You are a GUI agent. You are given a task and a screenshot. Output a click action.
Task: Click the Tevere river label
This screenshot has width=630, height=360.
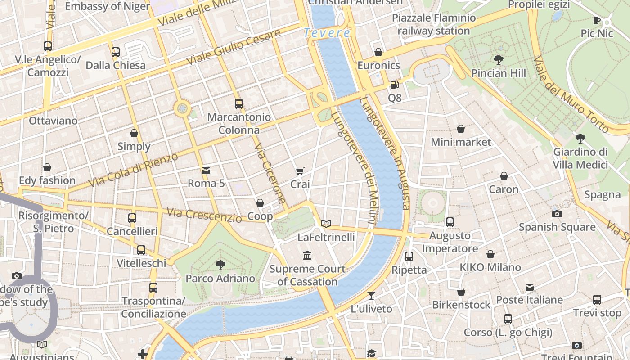[327, 33]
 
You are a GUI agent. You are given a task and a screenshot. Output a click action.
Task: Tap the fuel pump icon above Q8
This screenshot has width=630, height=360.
[394, 84]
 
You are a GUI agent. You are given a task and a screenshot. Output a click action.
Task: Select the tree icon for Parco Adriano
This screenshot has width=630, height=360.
[220, 265]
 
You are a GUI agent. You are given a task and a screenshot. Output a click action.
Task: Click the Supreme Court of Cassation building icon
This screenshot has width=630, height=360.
[307, 256]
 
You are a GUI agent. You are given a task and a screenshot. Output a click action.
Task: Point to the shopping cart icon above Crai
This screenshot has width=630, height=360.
[300, 171]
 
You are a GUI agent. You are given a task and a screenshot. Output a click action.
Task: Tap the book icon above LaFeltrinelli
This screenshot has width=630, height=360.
[326, 224]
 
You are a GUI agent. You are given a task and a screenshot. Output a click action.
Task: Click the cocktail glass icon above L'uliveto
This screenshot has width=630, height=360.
[371, 295]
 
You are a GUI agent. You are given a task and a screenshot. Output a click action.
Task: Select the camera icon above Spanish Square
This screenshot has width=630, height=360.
[557, 214]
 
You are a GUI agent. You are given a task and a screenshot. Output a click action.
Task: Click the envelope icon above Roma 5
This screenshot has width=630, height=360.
[206, 170]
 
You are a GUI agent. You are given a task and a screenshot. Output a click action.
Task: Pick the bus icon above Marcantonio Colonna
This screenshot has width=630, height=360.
[238, 104]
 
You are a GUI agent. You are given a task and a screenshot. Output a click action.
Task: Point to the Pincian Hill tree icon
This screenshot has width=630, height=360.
[498, 59]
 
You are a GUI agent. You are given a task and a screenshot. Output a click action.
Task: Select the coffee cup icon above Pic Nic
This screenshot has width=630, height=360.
[597, 20]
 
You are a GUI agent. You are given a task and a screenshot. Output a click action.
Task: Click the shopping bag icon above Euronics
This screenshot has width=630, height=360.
[378, 52]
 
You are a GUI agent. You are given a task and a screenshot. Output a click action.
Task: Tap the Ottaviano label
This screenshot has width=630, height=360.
[53, 121]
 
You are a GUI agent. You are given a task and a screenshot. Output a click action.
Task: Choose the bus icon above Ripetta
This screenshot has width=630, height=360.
[409, 256]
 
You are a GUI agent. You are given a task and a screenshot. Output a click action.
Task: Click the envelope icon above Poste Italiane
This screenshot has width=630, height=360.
[529, 287]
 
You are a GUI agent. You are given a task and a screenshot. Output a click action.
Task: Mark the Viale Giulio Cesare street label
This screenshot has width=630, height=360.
[234, 47]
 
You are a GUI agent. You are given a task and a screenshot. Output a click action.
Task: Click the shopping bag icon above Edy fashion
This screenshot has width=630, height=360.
[47, 167]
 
